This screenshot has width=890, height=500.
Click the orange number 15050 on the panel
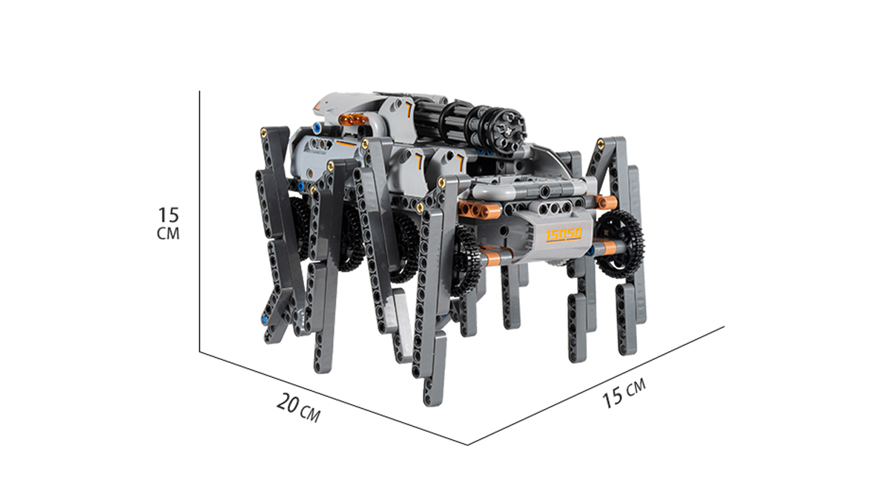click(564, 235)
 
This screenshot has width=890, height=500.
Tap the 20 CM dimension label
click(298, 408)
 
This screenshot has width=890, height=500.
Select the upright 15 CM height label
click(168, 224)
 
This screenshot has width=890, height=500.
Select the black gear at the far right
click(619, 243)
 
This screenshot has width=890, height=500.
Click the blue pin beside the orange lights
click(317, 127)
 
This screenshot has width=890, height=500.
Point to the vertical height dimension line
click(200, 221)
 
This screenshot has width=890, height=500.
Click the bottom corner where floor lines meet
click(467, 445)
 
